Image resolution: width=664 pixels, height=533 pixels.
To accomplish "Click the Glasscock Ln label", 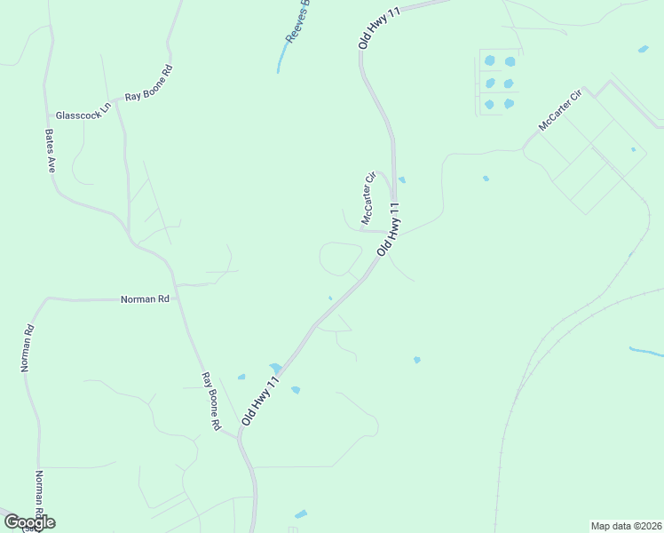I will [83, 115].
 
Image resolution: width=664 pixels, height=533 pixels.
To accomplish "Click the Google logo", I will [28, 521].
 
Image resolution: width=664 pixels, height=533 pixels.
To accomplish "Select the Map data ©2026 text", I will [627, 525].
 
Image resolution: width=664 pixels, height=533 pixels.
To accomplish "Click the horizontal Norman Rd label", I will [145, 300].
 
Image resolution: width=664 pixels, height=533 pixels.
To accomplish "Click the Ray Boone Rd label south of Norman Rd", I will [210, 402].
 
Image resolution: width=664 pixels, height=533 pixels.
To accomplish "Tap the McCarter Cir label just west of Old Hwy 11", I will [368, 198].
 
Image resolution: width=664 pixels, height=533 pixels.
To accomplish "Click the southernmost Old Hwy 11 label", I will [261, 404].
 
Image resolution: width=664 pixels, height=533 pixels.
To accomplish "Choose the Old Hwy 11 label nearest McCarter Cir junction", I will [390, 229].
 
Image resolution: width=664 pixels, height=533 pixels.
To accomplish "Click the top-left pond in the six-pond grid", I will [489, 61].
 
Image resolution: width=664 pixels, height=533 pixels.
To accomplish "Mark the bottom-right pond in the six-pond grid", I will [509, 104].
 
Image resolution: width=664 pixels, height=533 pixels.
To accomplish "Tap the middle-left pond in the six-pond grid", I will [489, 84].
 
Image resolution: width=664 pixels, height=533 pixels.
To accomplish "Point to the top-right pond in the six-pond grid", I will [510, 61].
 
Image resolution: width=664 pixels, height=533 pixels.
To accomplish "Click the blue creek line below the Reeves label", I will [281, 60].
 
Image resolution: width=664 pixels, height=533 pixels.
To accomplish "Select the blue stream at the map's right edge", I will [645, 352].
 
